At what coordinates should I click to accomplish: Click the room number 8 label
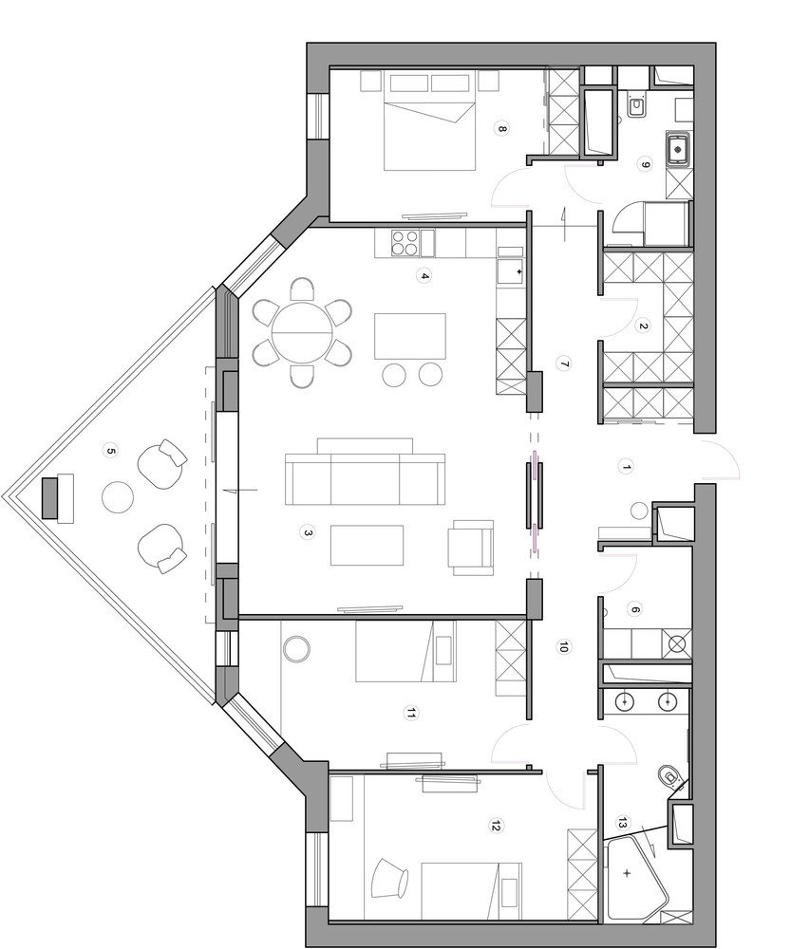click(x=501, y=128)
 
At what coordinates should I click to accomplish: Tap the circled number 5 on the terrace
click(x=110, y=451)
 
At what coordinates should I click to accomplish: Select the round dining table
click(x=302, y=333)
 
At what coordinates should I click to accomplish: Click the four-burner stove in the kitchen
click(x=405, y=242)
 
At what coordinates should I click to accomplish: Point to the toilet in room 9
click(x=636, y=104)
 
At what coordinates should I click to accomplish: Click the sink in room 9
click(x=678, y=149)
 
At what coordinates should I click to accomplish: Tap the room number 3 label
click(x=308, y=532)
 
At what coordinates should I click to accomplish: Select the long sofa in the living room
click(x=365, y=472)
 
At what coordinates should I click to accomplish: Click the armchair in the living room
click(x=471, y=548)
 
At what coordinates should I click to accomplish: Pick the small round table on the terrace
click(x=118, y=497)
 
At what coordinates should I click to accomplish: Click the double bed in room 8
click(x=429, y=121)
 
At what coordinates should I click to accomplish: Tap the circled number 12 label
click(x=497, y=825)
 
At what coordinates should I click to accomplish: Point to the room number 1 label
click(x=627, y=467)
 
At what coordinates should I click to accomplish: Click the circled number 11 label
click(x=411, y=715)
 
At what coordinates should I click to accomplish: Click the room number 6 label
click(x=634, y=610)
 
